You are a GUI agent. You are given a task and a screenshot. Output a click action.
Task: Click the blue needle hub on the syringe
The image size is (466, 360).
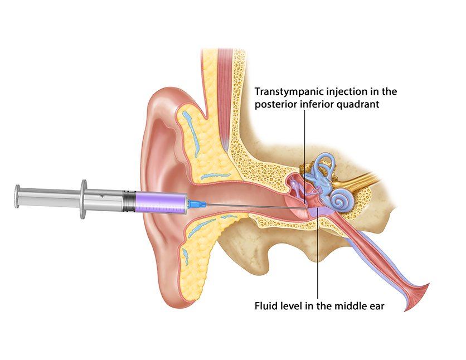[197, 204]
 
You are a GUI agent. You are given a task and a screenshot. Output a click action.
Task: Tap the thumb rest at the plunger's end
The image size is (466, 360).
[17, 196]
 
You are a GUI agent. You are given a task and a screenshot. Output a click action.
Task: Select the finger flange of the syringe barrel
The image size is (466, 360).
[84, 199]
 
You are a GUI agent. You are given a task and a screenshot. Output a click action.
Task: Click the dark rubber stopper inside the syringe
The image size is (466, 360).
[129, 202]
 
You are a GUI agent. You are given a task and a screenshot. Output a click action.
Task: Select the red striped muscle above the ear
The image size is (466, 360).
[225, 98]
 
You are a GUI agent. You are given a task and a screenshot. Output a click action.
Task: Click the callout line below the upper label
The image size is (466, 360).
[304, 156]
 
